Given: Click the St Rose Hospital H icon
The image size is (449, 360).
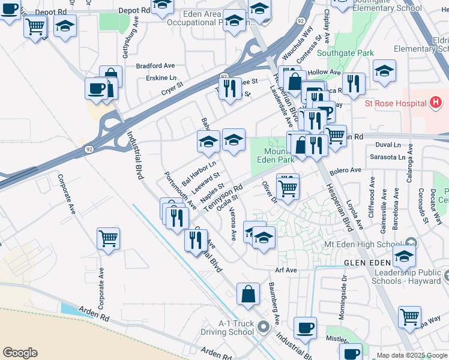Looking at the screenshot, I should click(436, 103).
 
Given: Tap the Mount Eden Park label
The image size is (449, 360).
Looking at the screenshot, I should click(276, 156).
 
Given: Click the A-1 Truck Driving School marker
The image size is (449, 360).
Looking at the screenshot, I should click(262, 328).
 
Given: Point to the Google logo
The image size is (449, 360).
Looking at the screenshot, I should click(19, 353).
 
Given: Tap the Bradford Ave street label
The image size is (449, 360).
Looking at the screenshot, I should click(155, 65).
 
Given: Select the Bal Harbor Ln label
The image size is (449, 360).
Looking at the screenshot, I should click(199, 173).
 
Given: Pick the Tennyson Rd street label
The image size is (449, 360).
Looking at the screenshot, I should click(223, 197).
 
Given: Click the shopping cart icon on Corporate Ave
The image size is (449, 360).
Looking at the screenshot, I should click(108, 239).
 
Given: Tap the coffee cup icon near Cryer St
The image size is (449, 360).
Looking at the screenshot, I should click(96, 89).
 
